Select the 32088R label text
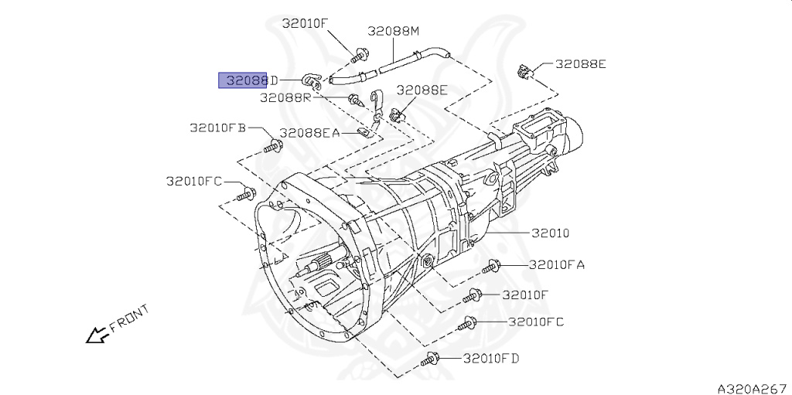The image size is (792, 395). tap(285, 97)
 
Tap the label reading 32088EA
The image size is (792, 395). tap(309, 133)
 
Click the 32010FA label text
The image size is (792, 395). tap(556, 264)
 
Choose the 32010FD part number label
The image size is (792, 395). tap(491, 358)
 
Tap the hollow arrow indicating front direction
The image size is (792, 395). tap(97, 335)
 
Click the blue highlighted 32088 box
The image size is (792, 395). tap(244, 80)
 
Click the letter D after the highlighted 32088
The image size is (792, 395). tap(273, 80)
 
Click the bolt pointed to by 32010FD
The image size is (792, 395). tap(430, 359)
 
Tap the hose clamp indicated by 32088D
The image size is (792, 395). tap(311, 79)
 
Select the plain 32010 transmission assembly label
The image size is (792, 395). tap(550, 233)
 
